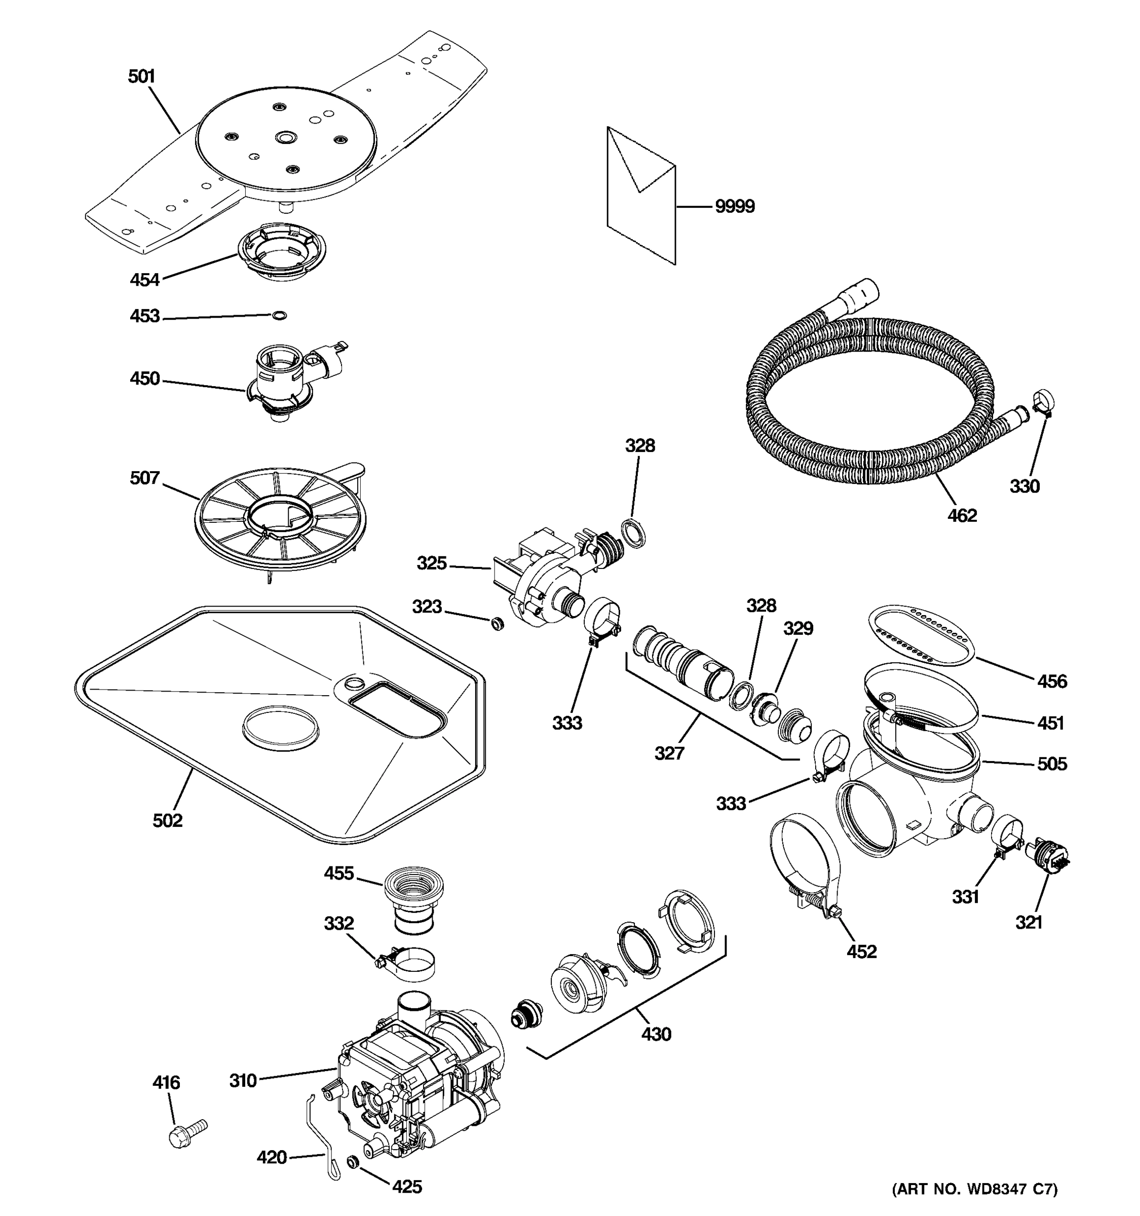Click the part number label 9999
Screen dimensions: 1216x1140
(x=735, y=207)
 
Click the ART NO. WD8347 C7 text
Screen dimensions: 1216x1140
(x=975, y=1189)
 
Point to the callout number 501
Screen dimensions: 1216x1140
(x=141, y=77)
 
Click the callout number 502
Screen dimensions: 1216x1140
(x=168, y=820)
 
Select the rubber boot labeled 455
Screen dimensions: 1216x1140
(x=413, y=900)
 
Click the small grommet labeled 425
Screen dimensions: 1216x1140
(x=353, y=1161)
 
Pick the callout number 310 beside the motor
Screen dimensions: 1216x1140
(x=242, y=1081)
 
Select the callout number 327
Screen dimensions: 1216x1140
(x=669, y=753)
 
